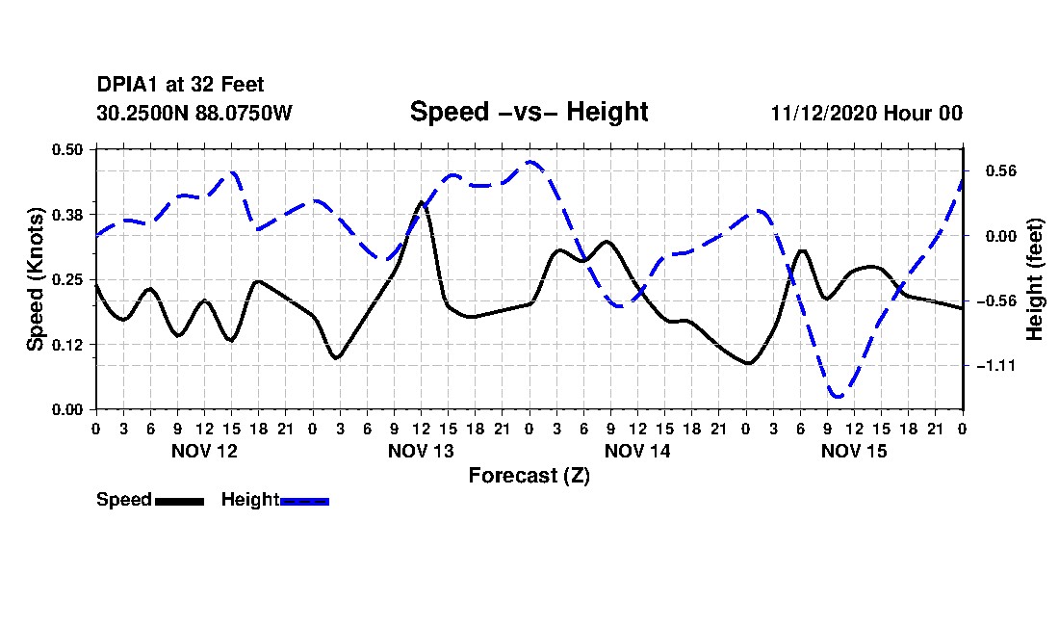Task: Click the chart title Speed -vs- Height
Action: (529, 112)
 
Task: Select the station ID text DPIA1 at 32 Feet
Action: (180, 86)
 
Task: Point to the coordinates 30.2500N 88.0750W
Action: (194, 113)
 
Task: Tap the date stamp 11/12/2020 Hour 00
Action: (866, 113)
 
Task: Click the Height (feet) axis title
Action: (1036, 279)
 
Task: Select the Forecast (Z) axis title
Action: (529, 476)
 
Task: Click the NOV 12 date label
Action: (204, 451)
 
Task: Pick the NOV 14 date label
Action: (637, 451)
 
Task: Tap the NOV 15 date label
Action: (854, 451)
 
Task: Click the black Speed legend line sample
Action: (179, 501)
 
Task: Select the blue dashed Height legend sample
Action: (304, 501)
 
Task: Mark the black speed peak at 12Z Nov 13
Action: (421, 202)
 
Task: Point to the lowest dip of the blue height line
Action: (838, 396)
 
